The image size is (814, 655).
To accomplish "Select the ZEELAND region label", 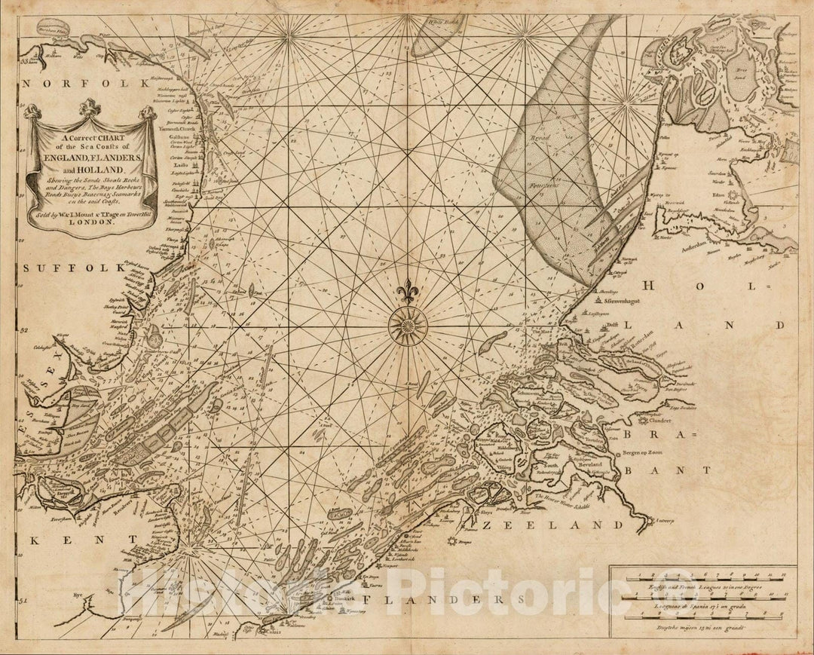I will [x=575, y=525].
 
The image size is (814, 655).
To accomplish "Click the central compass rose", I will [x=408, y=326].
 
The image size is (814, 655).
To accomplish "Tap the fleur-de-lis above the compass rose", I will [x=408, y=291].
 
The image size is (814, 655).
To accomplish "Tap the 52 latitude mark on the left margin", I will [x=23, y=330].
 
